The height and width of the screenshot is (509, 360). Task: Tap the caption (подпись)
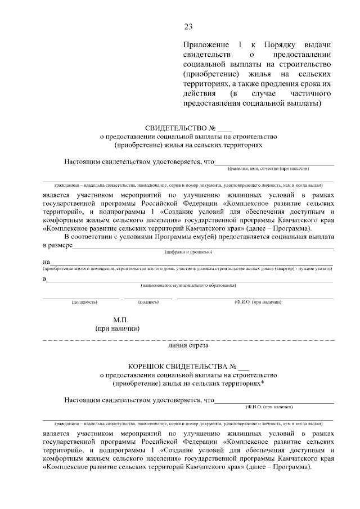pos(148,303)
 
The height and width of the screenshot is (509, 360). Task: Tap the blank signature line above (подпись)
pos(148,298)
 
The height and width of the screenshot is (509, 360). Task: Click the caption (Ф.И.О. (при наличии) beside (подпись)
pos(258,303)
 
